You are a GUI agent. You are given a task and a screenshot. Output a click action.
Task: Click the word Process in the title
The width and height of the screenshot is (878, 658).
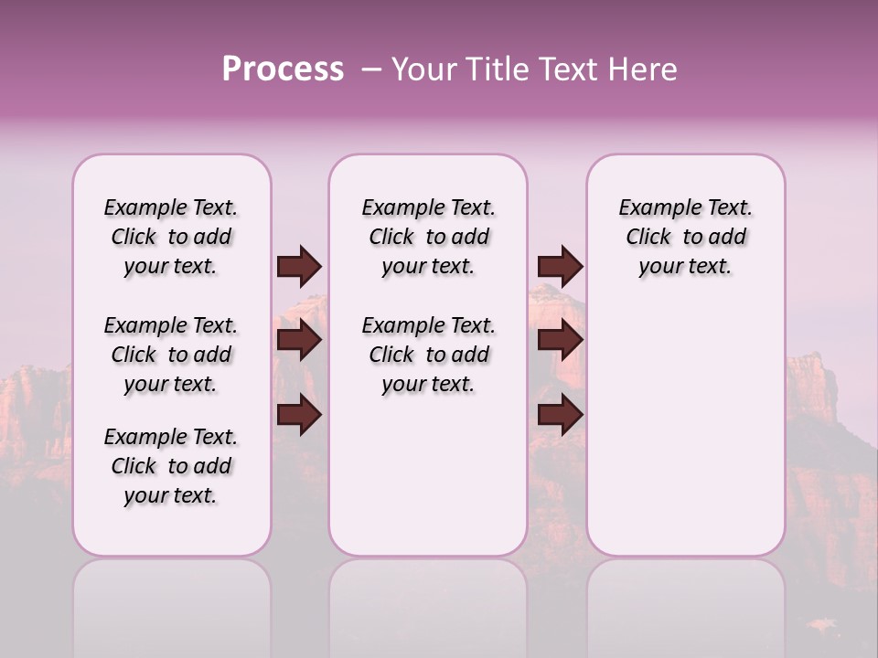283,69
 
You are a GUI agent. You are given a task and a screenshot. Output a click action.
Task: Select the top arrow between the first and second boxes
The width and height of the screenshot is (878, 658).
299,267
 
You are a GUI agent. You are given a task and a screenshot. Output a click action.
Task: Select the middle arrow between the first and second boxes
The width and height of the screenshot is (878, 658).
299,341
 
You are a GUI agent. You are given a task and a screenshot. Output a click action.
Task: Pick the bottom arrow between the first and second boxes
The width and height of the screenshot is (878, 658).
299,415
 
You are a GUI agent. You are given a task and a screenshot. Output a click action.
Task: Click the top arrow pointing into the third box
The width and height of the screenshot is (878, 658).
560,267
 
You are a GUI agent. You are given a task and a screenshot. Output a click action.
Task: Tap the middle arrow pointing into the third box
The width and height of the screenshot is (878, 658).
560,341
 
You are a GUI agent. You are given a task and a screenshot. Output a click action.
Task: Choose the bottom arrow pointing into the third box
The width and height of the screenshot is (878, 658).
560,415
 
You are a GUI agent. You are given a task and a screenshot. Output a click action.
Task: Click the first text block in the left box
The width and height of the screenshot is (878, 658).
171,237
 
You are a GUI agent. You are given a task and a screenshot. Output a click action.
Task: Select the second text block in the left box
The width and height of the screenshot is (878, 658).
171,355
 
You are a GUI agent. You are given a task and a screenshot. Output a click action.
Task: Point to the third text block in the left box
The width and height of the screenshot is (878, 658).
171,466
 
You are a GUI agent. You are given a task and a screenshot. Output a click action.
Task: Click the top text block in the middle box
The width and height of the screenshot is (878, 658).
428,237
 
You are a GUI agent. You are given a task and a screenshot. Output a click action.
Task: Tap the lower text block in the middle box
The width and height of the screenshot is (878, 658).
428,355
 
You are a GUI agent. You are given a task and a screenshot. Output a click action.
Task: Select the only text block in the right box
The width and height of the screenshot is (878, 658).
685,237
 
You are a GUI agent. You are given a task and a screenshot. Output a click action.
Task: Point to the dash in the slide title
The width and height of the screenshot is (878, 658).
371,69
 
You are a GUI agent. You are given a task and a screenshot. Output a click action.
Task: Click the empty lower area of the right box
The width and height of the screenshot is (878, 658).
685,430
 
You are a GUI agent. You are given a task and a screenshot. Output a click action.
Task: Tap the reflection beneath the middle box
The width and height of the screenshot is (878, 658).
428,603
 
